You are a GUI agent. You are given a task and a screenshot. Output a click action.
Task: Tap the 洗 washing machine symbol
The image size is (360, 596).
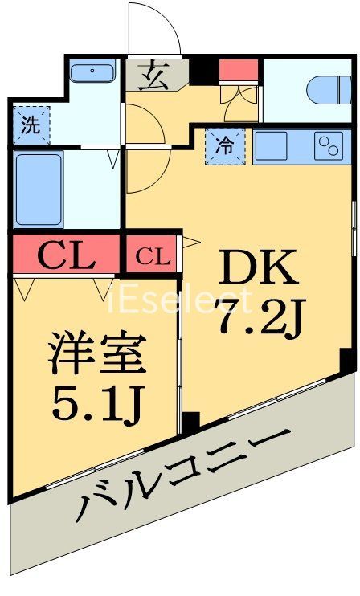click(x=30, y=125)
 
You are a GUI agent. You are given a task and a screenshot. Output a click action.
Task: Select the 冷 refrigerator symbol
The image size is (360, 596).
click(x=226, y=146)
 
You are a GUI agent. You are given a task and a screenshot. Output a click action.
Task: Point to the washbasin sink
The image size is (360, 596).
click(x=93, y=72)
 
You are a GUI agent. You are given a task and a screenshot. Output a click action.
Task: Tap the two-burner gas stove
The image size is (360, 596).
click(x=329, y=146)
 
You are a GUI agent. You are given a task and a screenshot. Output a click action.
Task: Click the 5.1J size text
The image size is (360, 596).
click(x=97, y=406)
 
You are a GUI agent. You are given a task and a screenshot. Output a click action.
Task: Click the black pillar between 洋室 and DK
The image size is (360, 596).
click(x=190, y=421)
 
